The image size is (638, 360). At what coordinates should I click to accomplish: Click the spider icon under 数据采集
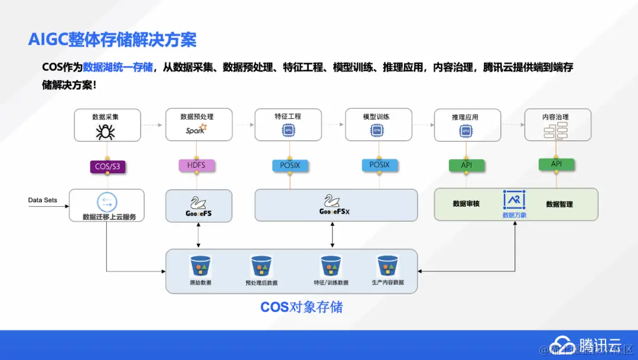click(x=106, y=132)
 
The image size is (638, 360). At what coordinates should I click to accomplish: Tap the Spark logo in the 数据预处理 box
click(x=196, y=129)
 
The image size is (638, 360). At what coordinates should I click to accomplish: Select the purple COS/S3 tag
click(x=107, y=167)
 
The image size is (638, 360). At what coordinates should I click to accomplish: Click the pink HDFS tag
click(x=196, y=165)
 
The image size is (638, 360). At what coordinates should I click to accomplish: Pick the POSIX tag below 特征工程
click(x=289, y=165)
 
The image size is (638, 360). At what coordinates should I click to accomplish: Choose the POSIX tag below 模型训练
click(x=379, y=165)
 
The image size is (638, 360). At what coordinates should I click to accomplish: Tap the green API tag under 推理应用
click(x=467, y=165)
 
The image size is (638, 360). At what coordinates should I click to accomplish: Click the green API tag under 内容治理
click(x=556, y=164)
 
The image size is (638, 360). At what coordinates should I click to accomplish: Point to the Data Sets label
click(x=43, y=200)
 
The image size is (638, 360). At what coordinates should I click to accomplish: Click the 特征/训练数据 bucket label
click(x=331, y=283)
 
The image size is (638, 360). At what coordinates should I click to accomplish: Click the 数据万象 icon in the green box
click(x=514, y=200)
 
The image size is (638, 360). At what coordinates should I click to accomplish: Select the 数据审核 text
click(x=466, y=204)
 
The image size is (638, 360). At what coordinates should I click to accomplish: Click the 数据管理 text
click(x=559, y=205)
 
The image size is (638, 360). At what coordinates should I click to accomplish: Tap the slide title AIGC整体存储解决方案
click(x=112, y=40)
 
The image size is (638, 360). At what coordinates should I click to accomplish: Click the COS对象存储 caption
click(x=301, y=307)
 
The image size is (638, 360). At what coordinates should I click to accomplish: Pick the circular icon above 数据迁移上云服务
click(x=107, y=202)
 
